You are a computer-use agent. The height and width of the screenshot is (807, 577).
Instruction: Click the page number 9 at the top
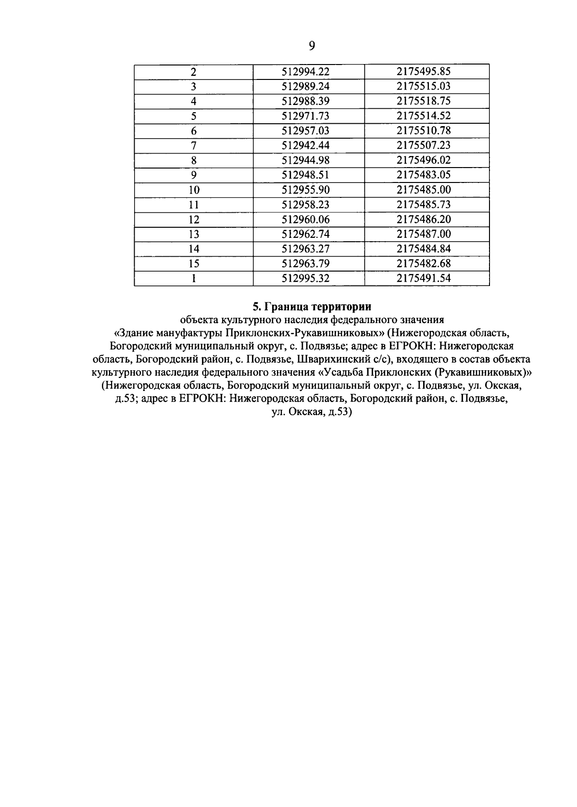click(x=312, y=46)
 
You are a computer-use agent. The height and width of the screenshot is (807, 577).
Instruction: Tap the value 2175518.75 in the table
click(x=424, y=101)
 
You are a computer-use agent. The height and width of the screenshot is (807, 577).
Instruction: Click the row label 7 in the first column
click(x=194, y=145)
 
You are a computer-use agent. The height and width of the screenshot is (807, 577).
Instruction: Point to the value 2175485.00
click(x=424, y=190)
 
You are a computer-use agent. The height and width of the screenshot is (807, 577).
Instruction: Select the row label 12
click(x=194, y=220)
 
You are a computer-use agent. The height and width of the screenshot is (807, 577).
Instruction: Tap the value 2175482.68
click(x=424, y=263)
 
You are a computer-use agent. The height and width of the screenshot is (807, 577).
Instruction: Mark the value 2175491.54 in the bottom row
click(x=424, y=278)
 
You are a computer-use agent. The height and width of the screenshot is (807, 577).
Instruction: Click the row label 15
click(x=194, y=264)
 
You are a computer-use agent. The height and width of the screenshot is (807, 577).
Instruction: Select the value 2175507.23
click(x=424, y=145)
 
